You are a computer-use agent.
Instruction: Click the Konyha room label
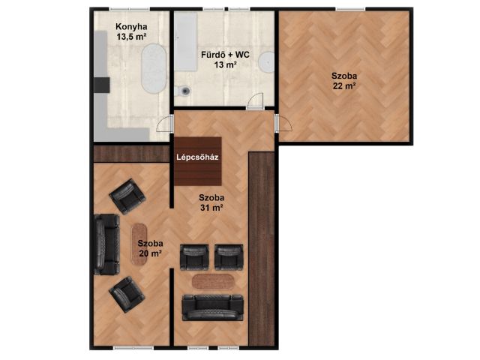(x=131, y=27)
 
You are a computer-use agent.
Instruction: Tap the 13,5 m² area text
(x=131, y=37)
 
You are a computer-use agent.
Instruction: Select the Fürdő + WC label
(x=225, y=55)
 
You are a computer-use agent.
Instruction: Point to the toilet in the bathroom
(x=183, y=91)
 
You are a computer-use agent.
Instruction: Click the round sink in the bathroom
(x=267, y=62)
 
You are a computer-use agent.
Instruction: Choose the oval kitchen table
(x=154, y=68)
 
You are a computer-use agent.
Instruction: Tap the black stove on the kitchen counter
(x=102, y=85)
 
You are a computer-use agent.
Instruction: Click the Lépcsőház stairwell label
(x=197, y=157)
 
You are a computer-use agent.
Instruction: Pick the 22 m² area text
(x=344, y=86)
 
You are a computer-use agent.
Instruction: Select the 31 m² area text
(x=211, y=208)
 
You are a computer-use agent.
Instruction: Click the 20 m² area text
(x=150, y=253)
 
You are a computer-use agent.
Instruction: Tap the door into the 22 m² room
(x=283, y=123)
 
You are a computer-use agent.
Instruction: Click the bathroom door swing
(x=255, y=100)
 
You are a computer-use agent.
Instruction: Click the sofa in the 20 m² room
(x=106, y=244)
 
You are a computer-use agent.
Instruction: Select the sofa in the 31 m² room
(x=213, y=307)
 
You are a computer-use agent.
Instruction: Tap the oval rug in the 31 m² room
(x=213, y=282)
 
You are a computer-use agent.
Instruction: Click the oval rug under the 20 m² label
(x=139, y=244)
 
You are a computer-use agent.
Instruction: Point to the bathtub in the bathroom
(x=185, y=42)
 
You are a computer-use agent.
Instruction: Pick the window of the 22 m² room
(x=350, y=9)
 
